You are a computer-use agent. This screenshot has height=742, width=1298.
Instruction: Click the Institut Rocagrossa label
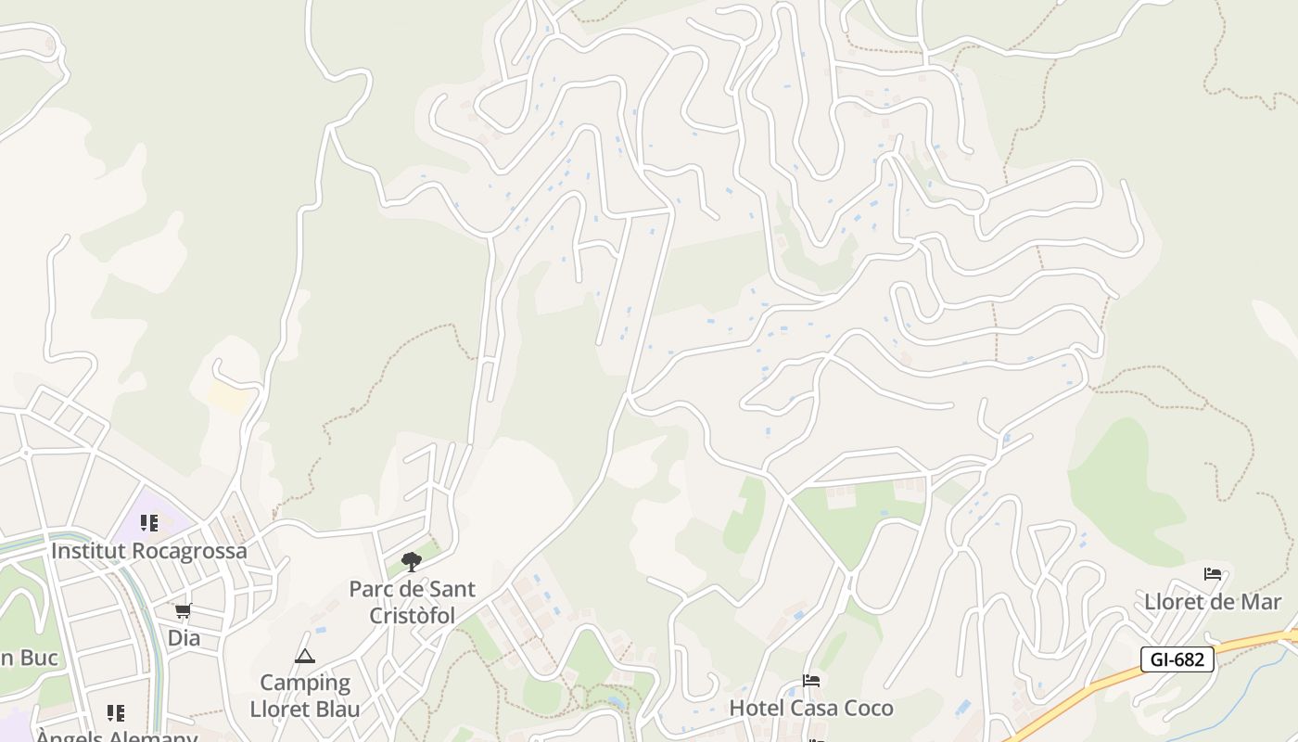coord(149,551)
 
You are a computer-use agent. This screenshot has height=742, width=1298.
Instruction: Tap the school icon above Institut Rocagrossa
coord(149,523)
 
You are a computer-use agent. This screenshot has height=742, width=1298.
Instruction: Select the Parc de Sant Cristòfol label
coord(413,602)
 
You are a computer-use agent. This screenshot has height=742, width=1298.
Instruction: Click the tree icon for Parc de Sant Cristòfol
coord(412,561)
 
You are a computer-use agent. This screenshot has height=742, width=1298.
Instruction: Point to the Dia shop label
coord(184,638)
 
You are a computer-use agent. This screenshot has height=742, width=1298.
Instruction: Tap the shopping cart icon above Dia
coord(184,611)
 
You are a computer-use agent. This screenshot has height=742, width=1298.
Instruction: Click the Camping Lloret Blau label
coord(305,696)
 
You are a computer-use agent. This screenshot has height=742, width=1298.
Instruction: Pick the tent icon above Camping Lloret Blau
coord(305,657)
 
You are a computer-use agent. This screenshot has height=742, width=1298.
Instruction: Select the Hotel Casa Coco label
coord(811,708)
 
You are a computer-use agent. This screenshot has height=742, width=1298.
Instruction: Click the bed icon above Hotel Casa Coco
coord(811,681)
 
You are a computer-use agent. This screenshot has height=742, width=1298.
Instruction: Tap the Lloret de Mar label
coord(1213,602)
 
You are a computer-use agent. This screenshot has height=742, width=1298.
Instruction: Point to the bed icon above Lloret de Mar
coord(1213,574)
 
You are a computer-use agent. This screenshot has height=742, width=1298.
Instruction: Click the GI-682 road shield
coord(1177,659)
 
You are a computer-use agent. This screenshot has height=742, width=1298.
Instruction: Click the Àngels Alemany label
coord(117,737)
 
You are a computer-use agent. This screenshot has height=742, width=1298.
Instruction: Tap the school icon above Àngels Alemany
coord(116,713)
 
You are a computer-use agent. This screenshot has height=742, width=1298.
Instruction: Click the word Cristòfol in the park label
coord(413,616)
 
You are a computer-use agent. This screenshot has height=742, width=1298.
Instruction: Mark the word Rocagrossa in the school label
coord(190,551)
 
